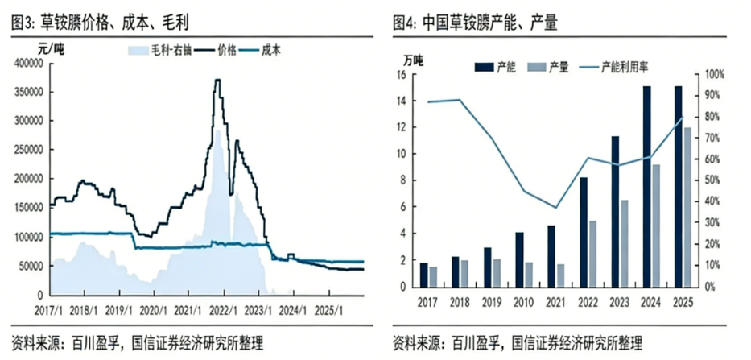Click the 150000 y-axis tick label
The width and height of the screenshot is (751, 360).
point(29,207)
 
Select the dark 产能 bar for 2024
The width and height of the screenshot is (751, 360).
point(647,186)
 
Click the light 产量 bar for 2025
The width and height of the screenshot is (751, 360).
point(688,207)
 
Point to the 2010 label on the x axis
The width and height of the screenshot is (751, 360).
point(520,301)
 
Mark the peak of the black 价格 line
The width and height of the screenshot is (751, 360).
point(217,80)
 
